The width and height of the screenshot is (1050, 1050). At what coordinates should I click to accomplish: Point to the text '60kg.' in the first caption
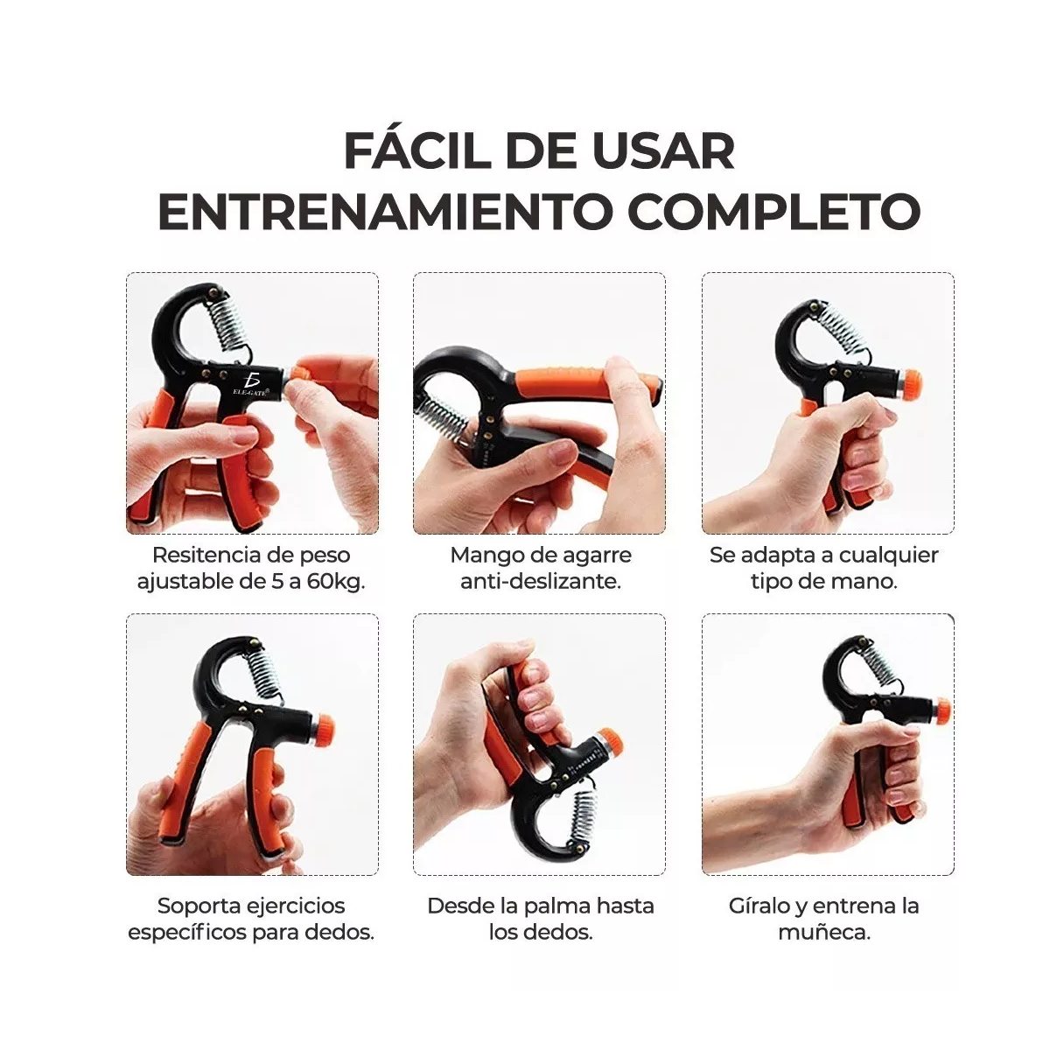click(335, 581)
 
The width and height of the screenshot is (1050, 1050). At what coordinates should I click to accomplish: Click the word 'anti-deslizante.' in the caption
click(541, 581)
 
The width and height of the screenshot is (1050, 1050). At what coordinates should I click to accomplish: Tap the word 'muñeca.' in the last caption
click(823, 932)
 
